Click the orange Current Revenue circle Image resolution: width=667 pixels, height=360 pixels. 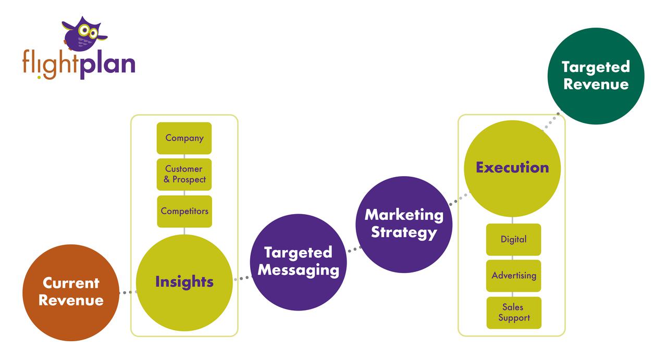click(71, 292)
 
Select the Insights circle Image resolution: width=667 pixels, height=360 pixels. click(184, 282)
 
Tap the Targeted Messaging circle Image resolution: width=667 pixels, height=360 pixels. click(298, 262)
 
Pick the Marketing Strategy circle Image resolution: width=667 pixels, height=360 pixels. click(404, 224)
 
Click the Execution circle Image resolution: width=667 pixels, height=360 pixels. click(512, 168)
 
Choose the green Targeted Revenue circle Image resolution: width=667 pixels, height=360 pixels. click(596, 76)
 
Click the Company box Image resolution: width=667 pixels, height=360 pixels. click(184, 138)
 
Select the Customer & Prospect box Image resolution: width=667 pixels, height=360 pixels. click(184, 175)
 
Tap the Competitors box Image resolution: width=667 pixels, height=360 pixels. click(184, 211)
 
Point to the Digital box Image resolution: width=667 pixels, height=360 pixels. click(513, 240)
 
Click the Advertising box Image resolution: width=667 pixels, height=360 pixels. click(513, 276)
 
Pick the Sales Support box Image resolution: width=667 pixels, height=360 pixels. click(514, 313)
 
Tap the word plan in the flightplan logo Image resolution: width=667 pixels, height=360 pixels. click(107, 65)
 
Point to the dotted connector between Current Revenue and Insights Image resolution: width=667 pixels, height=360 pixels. click(128, 293)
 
